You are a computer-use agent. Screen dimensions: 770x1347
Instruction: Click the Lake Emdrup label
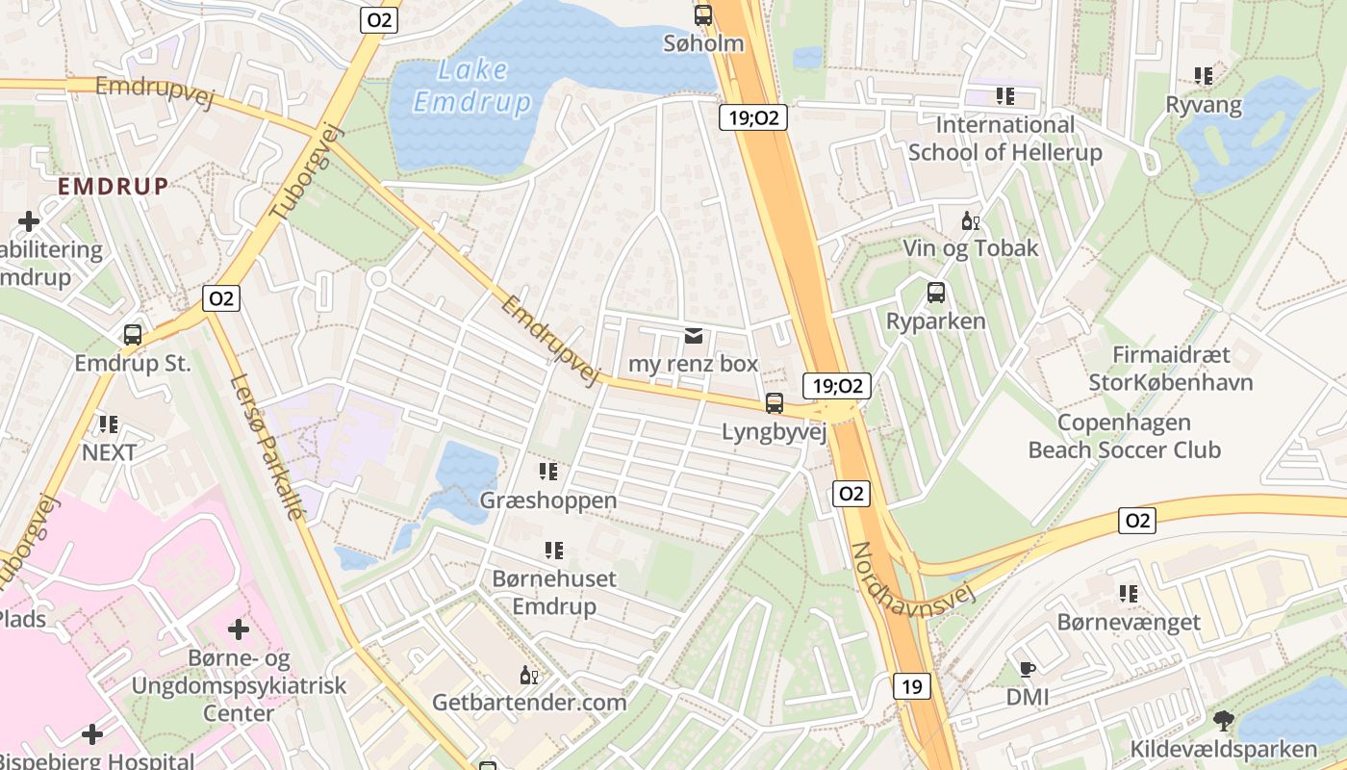pos(472,86)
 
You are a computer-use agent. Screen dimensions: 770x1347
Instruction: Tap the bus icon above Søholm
pos(703,15)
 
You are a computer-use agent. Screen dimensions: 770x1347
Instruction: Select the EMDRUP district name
pos(114,186)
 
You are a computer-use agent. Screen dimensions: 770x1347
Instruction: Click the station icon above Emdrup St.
pos(133,335)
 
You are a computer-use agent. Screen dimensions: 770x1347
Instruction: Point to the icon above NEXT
pos(108,423)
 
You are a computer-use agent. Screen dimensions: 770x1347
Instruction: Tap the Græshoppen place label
pos(548,500)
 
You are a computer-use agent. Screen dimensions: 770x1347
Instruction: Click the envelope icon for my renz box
pos(693,336)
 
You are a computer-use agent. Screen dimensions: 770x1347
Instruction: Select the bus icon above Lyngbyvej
pos(775,403)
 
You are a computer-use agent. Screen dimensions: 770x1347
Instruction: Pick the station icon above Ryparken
pos(936,293)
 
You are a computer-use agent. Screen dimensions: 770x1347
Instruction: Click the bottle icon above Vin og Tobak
pos(970,221)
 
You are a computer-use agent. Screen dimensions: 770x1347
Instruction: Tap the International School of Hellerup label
pos(1004,139)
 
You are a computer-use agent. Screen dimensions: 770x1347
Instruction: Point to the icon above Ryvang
pos(1203,75)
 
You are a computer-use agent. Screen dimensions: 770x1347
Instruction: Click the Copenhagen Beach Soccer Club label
pos(1124,436)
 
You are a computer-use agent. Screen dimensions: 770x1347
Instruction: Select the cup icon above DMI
pos(1027,669)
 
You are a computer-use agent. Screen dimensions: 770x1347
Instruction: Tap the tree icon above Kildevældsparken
pos(1223,720)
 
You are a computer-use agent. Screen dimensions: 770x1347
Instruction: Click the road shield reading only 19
pos(912,686)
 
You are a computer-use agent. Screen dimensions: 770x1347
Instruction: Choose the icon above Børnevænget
pos(1129,594)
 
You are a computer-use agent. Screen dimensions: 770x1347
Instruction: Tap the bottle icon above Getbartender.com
pos(528,675)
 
